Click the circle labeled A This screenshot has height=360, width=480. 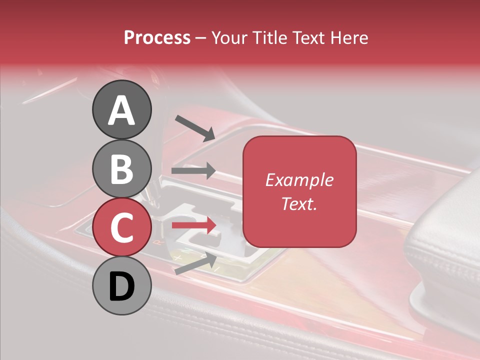[x=121, y=109]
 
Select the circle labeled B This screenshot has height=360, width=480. [x=121, y=168]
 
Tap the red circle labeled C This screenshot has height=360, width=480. [x=121, y=227]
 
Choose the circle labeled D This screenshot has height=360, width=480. [x=121, y=286]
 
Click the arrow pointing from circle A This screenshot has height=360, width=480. [x=194, y=128]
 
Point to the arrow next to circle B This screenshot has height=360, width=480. [x=193, y=171]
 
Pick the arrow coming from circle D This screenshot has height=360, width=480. [x=195, y=264]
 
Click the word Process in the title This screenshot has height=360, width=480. [x=157, y=37]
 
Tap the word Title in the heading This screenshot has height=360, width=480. [x=268, y=37]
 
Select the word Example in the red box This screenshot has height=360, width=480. [x=299, y=180]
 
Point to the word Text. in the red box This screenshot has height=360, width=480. [x=299, y=203]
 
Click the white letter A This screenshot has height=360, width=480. [x=121, y=110]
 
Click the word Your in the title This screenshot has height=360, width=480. [x=230, y=37]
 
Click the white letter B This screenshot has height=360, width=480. [x=121, y=169]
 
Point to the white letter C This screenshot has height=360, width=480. [x=121, y=227]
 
